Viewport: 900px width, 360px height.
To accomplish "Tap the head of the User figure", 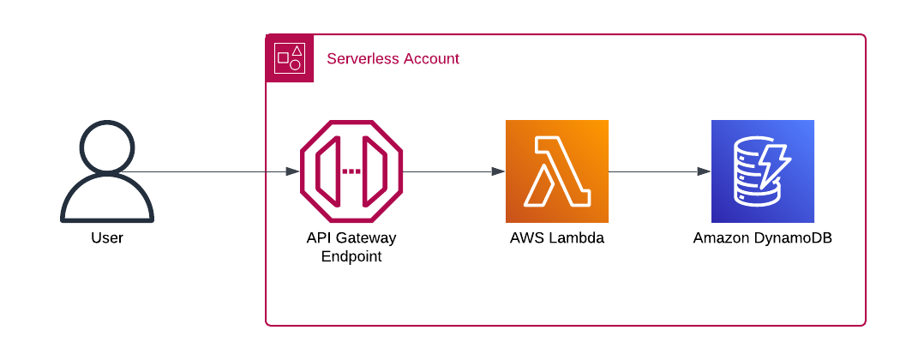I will click(107, 147).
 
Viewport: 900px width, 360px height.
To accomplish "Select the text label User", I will click(107, 238).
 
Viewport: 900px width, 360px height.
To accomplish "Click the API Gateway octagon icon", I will click(351, 171).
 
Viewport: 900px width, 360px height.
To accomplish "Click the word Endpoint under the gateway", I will click(351, 256).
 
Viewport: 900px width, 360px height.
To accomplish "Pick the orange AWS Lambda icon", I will click(557, 171).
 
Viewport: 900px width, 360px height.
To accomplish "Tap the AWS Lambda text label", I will click(557, 238).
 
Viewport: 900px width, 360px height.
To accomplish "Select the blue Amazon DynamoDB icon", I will click(763, 171).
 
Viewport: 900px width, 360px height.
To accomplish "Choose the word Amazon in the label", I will click(718, 238).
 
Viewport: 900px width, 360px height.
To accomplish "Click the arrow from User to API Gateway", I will click(214, 171).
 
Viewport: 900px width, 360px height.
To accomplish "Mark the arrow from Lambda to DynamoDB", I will click(660, 171).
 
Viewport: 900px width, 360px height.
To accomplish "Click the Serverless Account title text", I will click(393, 59).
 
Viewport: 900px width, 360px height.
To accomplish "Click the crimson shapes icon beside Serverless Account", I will click(290, 58).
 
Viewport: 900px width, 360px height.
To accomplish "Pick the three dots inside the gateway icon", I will click(351, 171).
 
